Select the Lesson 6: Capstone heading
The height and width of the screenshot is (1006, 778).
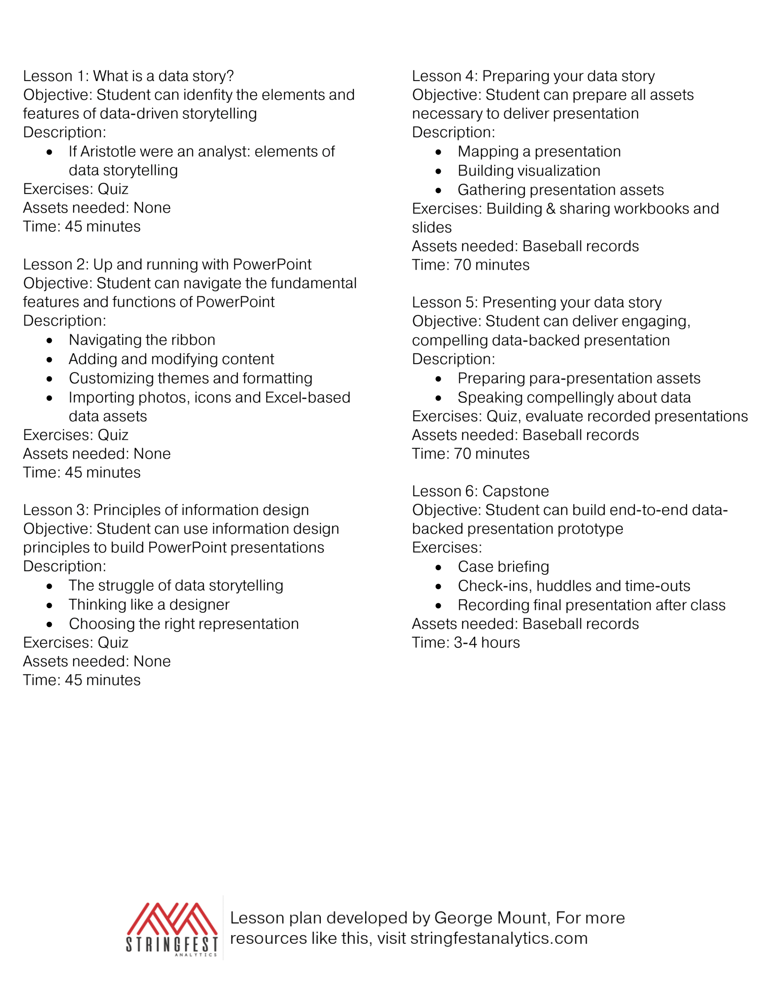point(480,491)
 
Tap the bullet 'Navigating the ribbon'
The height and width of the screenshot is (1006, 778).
point(142,340)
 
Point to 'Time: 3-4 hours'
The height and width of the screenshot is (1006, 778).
point(465,642)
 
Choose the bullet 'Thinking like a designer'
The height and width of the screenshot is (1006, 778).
point(149,605)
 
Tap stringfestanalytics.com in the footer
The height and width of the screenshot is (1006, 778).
point(499,938)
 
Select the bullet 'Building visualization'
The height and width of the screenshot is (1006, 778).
point(529,171)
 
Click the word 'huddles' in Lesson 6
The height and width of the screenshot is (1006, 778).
point(563,586)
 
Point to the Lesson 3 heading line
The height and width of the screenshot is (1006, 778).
point(166,510)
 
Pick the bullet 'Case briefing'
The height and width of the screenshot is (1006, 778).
point(503,567)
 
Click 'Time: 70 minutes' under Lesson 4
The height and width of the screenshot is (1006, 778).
point(470,265)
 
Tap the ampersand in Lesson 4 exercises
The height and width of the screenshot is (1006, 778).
point(551,209)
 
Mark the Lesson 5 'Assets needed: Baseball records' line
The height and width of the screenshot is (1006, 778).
point(525,435)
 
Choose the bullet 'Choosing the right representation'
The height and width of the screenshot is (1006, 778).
point(184,624)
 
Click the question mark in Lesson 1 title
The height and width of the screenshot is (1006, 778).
point(230,76)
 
